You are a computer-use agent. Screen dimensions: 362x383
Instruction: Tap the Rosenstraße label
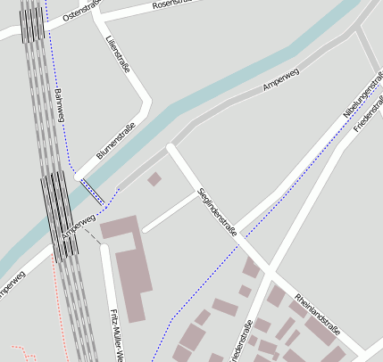click(173, 4)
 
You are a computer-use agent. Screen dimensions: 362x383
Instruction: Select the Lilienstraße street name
click(113, 53)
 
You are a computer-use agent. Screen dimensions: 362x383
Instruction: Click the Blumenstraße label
click(115, 142)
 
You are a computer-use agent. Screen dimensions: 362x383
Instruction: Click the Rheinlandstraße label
click(317, 311)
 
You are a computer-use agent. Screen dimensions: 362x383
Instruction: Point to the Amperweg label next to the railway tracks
click(79, 226)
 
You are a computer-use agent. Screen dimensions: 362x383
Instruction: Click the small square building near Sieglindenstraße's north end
click(154, 179)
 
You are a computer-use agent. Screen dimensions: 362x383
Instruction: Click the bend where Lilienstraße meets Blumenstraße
click(148, 100)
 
